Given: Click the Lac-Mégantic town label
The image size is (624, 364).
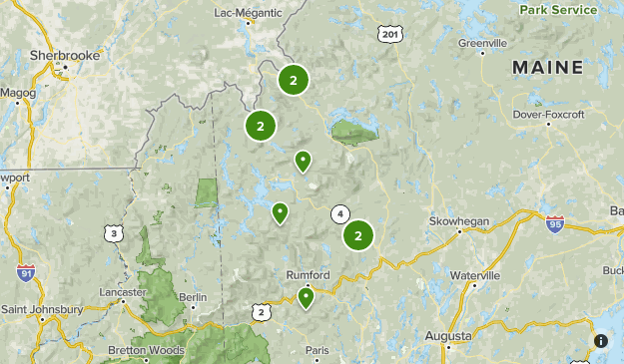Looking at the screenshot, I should tap(247, 13).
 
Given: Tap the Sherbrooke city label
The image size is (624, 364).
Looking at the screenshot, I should tap(65, 56).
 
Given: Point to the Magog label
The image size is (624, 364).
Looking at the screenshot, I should tap(18, 93).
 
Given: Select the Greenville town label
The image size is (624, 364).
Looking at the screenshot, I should tap(482, 43).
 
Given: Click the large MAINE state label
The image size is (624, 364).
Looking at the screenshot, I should tap(547, 67).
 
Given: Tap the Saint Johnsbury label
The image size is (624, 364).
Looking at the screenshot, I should tap(42, 309).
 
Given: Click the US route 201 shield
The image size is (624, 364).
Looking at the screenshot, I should tap(391, 34).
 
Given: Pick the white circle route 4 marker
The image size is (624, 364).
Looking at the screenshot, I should tap(340, 213).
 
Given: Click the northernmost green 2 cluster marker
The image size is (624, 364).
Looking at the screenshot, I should tap(293, 80).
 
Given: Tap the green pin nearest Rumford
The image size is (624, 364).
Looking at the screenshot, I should tap(306, 296).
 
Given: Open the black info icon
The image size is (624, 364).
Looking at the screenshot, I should tap(601, 341).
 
